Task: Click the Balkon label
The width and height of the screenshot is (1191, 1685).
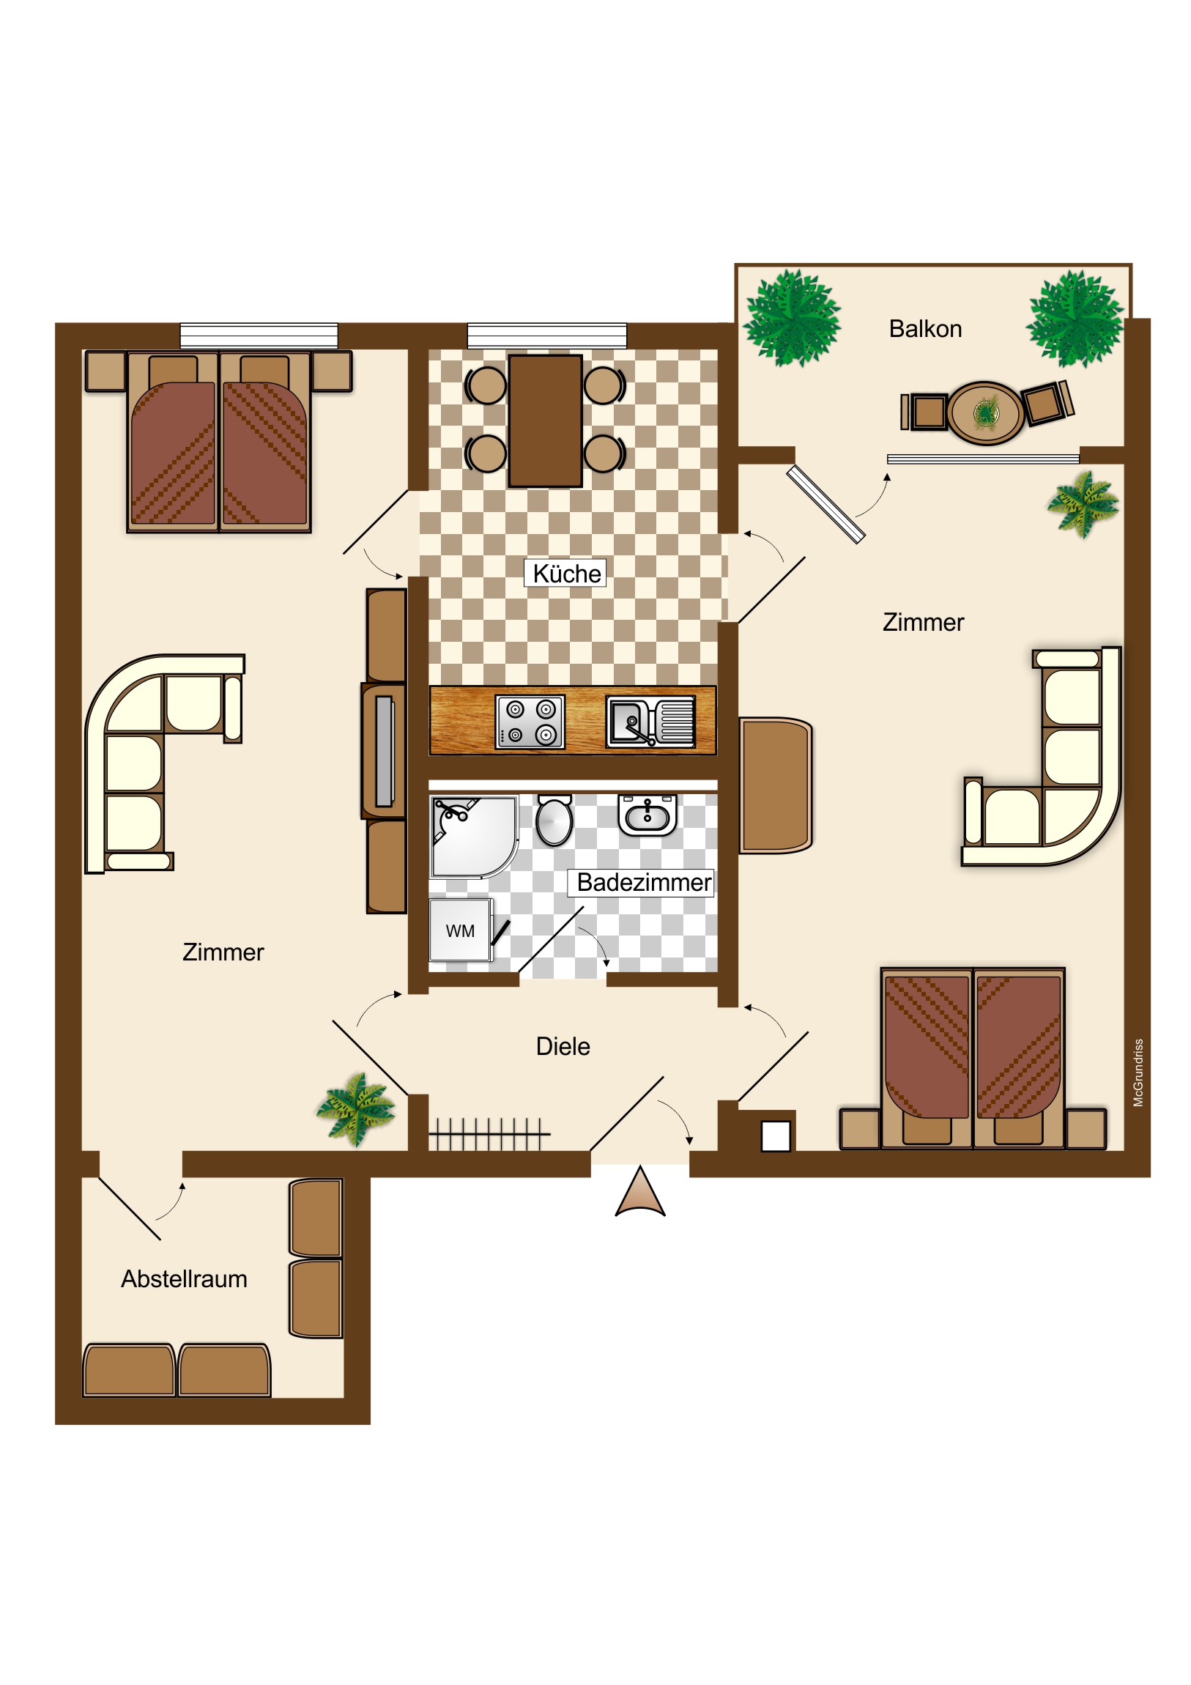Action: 924,329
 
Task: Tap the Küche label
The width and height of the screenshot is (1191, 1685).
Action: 565,573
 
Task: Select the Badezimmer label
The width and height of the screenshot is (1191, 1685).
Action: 644,882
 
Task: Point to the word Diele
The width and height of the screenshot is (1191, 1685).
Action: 563,1045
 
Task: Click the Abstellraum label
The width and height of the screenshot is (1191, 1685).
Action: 184,1278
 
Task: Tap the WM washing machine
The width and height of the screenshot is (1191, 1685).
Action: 460,930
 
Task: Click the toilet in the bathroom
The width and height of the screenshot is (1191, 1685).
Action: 554,819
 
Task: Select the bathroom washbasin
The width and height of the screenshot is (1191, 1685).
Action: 648,815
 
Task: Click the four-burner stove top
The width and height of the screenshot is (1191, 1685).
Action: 530,722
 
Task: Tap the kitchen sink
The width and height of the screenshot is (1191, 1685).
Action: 650,722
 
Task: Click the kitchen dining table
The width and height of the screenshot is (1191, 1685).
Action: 545,421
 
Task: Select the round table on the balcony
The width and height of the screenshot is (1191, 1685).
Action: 985,412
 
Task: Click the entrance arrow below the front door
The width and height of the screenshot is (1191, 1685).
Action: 640,1192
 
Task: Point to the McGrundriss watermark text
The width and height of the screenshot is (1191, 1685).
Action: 1138,1073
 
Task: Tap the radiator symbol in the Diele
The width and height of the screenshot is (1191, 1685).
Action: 489,1135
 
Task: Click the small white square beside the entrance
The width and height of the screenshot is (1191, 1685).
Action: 776,1137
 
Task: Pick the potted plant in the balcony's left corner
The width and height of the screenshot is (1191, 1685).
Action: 792,318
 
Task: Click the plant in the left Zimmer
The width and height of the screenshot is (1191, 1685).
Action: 356,1109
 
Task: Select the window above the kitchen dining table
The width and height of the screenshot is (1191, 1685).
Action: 546,336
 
